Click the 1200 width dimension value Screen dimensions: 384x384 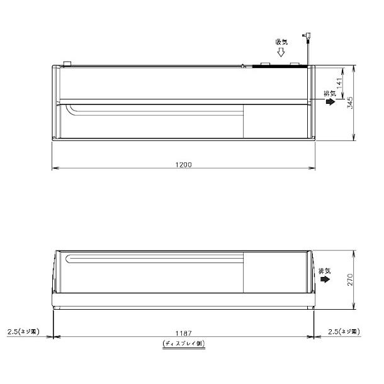[183, 164]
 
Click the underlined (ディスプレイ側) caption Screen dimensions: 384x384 [184, 344]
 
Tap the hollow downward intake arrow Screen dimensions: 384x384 [281, 54]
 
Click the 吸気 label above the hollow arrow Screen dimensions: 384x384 [281, 42]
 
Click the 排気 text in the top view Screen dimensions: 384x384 [328, 94]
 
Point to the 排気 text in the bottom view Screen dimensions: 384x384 [324, 268]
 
